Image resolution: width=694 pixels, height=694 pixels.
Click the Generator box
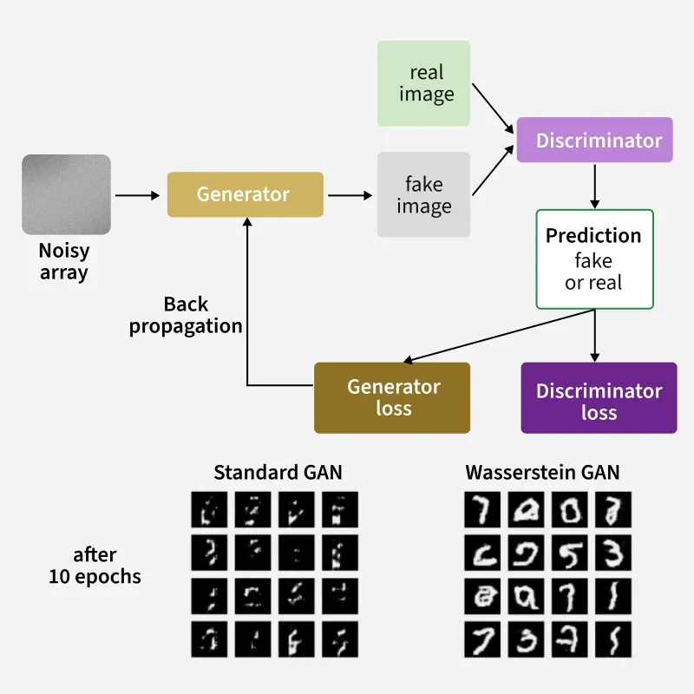[245, 194]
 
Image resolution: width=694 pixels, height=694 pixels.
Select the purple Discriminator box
[595, 140]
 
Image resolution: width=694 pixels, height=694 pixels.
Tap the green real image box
[423, 83]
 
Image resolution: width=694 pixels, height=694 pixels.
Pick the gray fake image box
[423, 194]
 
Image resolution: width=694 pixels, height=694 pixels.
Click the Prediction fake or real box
[594, 259]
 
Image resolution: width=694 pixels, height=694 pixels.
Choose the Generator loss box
[392, 397]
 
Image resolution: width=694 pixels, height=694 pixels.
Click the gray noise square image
[66, 194]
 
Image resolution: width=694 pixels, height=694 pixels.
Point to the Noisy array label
[63, 261]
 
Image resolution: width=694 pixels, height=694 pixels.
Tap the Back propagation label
[186, 316]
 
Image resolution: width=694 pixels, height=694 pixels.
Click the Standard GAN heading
[278, 473]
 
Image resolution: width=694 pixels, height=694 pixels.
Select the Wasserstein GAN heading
[542, 473]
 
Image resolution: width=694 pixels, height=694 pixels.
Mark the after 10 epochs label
[95, 566]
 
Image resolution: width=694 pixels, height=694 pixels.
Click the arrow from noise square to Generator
[137, 195]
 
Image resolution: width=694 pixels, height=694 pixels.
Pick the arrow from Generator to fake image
[349, 195]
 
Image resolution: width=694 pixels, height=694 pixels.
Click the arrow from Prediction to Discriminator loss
[594, 335]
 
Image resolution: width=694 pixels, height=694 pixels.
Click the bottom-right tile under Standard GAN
[339, 638]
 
